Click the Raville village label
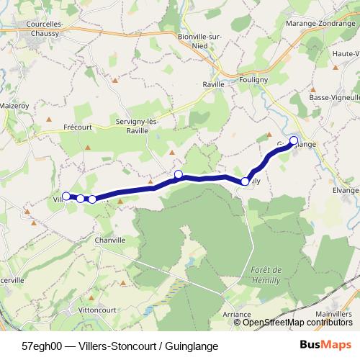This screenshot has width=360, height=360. pos(212,84)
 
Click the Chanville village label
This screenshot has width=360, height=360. pos(109,240)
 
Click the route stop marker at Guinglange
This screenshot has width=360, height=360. pos(294,140)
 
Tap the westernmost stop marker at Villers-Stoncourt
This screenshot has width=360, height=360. pos(66,196)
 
